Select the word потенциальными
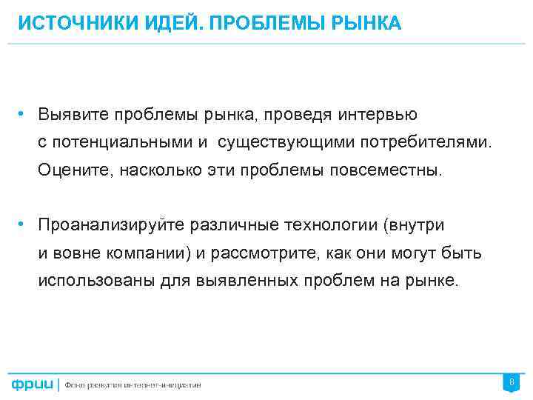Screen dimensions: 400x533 (115, 142)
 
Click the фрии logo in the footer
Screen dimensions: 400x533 (33, 384)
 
